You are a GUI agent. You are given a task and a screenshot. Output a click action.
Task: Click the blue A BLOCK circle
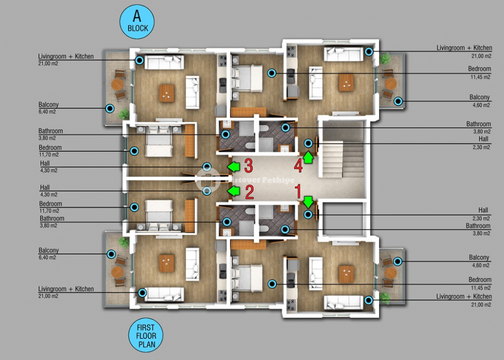click(x=137, y=22)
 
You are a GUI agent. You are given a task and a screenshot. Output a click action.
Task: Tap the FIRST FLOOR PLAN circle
click(x=146, y=336)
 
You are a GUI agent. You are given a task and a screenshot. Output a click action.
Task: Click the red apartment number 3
click(x=248, y=166)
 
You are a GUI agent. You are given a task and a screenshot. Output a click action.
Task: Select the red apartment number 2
click(x=249, y=192)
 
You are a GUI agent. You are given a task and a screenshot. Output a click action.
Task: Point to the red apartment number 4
click(x=298, y=166)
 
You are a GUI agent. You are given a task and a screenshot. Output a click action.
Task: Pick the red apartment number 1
click(x=298, y=192)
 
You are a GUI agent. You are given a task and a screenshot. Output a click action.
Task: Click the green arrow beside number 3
click(x=234, y=167)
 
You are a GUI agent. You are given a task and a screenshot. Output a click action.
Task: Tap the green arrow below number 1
click(x=308, y=202)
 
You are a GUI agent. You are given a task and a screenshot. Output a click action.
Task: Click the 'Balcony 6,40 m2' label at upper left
click(x=48, y=108)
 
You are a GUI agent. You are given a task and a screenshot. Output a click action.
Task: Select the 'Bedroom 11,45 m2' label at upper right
click(x=479, y=73)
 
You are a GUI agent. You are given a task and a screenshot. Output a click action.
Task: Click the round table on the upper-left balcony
click(x=117, y=85)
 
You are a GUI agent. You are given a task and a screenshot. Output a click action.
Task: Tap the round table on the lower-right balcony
click(x=391, y=273)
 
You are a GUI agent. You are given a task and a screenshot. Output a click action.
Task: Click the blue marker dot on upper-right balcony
click(x=398, y=101)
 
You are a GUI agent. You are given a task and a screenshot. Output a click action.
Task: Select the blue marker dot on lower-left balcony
click(x=111, y=254)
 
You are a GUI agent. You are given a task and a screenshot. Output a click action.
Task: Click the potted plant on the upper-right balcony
click(x=384, y=58)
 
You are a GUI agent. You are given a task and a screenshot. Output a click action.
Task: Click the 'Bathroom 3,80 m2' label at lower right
click(x=478, y=229)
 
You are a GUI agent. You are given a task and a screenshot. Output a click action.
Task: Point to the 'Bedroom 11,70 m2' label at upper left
click(x=50, y=151)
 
